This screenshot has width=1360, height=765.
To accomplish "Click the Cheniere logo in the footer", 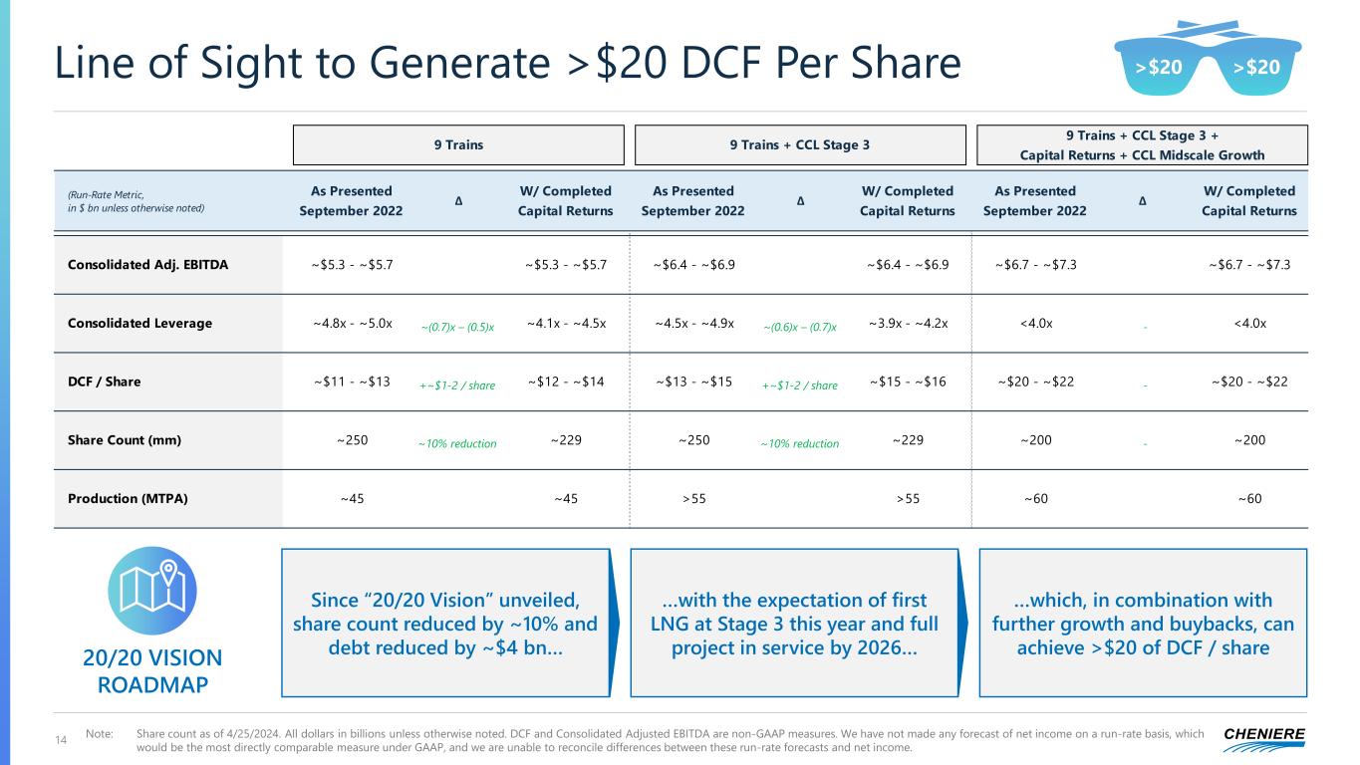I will (x=1262, y=735).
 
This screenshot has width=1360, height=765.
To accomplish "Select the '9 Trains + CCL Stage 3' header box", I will (x=800, y=144).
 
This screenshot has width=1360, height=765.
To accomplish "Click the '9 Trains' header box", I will (x=458, y=144).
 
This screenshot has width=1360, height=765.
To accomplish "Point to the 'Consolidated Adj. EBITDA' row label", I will (x=147, y=265).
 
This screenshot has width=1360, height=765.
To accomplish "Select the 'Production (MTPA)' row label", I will (x=121, y=498).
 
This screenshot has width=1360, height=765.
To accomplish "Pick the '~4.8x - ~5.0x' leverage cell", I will (x=352, y=323).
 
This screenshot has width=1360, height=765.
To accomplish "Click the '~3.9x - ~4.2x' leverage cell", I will (x=907, y=323).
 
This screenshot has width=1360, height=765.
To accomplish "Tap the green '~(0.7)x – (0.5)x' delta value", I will (x=458, y=326).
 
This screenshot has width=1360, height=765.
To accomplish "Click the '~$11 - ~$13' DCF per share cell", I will (x=352, y=382).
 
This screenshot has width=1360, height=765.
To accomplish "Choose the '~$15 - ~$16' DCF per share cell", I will (x=907, y=382).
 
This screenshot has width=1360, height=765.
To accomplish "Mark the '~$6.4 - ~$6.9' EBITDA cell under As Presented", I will (x=694, y=265).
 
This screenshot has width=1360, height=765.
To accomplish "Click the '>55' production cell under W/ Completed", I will (x=907, y=498).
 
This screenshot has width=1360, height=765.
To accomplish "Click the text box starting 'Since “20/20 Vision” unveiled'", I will (x=444, y=623).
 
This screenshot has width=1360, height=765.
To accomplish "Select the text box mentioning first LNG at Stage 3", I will (x=794, y=623).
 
